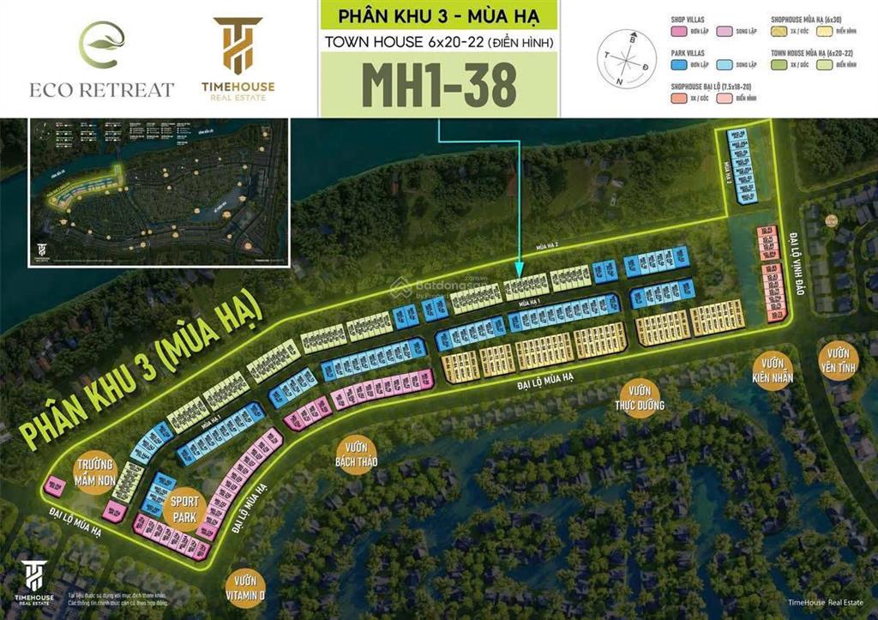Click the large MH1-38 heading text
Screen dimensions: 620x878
click(x=439, y=84)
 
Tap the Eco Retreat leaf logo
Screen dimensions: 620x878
click(x=102, y=44)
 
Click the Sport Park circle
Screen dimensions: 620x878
click(x=184, y=509)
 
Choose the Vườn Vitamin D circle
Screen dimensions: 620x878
click(x=245, y=588)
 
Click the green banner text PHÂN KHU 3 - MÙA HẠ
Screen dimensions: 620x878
click(x=439, y=16)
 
